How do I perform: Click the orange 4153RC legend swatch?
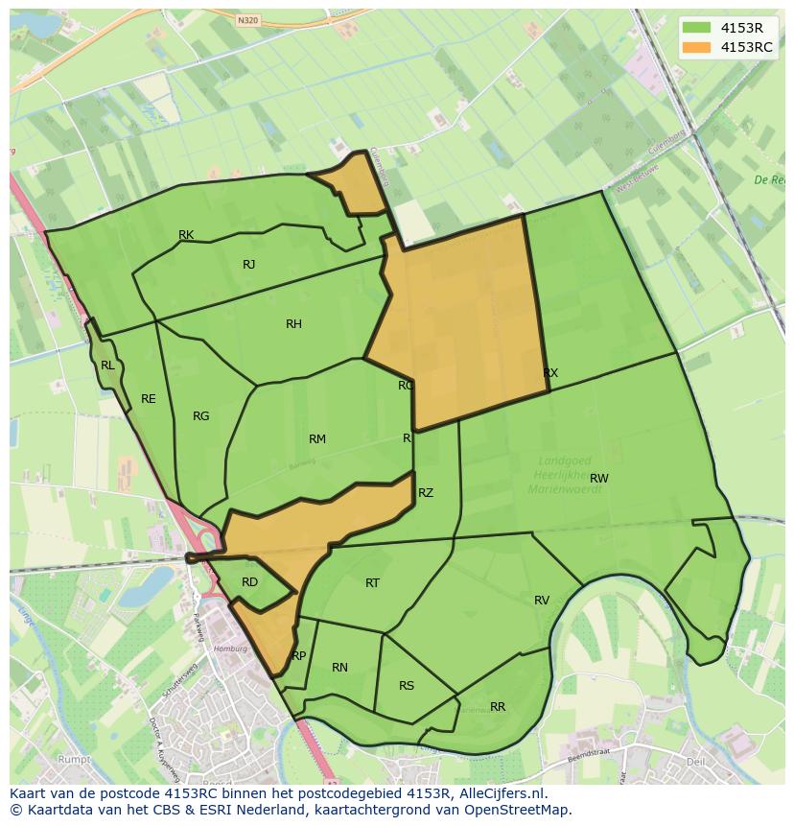tap(697, 47)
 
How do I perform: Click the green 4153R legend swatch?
tap(697, 27)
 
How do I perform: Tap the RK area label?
tap(186, 235)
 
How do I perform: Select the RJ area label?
tap(249, 265)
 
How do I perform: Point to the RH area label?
tap(293, 324)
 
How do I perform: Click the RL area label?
tap(107, 366)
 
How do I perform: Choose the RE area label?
tap(149, 399)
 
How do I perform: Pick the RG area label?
tap(200, 416)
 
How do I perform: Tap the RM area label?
tap(317, 439)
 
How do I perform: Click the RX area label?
tap(550, 373)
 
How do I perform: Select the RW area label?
tap(599, 479)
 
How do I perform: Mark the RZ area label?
tap(426, 493)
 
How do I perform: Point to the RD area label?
tap(249, 582)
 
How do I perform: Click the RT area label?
tap(373, 583)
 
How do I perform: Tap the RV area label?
tap(542, 601)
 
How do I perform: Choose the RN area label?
tap(339, 668)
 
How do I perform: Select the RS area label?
tap(407, 686)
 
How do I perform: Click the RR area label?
tap(498, 707)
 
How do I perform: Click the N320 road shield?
tap(247, 19)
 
